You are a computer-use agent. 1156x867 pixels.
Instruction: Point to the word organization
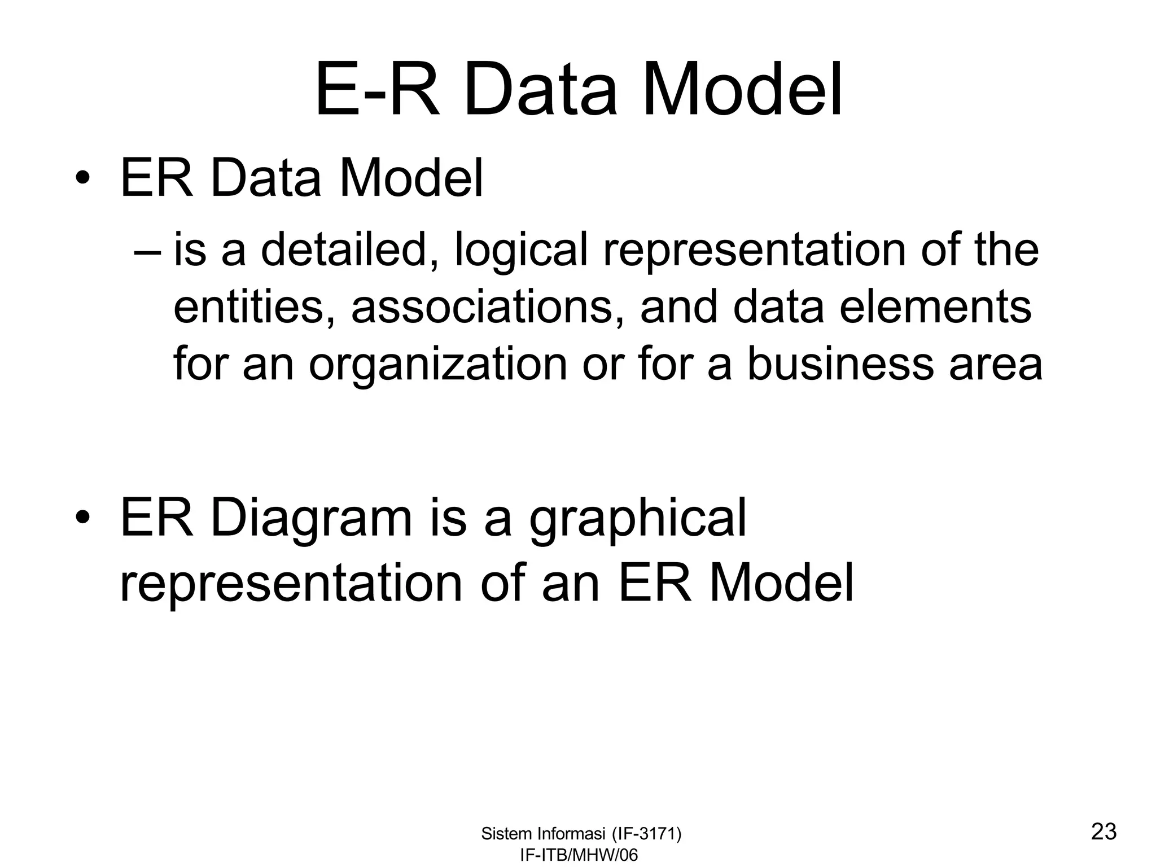coord(437,366)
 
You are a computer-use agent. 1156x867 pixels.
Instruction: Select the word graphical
coord(638,520)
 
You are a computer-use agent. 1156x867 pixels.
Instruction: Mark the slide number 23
coord(1104,832)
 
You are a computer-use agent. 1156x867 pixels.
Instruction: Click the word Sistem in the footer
coord(506,834)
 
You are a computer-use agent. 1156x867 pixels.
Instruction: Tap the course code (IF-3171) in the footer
coord(646,834)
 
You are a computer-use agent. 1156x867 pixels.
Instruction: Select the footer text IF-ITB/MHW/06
coord(579,855)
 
